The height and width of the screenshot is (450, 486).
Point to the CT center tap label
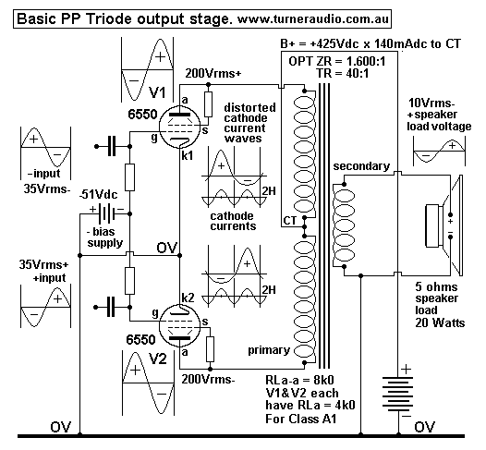coord(288,222)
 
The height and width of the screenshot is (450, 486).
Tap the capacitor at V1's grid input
coord(111,145)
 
